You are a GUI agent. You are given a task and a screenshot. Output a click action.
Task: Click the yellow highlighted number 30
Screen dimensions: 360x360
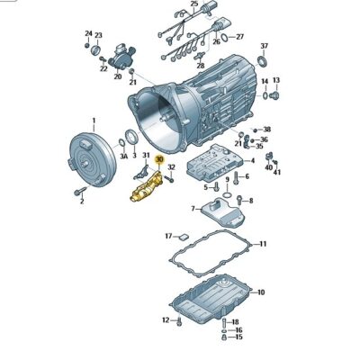(x=159, y=158)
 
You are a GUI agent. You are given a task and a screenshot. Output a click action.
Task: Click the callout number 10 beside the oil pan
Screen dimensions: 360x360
(x=262, y=292)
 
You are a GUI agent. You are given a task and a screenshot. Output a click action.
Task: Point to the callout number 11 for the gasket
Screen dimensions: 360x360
(x=262, y=244)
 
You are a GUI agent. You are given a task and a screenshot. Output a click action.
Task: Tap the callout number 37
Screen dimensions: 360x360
(x=265, y=46)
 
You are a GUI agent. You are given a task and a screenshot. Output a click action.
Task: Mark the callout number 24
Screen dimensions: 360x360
(x=88, y=34)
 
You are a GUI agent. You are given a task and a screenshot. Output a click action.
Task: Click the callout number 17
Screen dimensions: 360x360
(x=167, y=236)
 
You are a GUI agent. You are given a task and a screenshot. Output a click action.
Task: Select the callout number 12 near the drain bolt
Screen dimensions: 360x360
(x=166, y=319)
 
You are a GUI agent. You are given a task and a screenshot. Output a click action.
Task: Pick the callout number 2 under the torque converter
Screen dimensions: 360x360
(x=81, y=202)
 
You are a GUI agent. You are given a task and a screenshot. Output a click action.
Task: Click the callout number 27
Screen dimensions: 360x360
(x=239, y=37)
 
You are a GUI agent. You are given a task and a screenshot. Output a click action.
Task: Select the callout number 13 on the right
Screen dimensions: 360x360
(x=276, y=81)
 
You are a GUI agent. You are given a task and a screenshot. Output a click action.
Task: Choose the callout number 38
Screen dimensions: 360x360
(x=266, y=130)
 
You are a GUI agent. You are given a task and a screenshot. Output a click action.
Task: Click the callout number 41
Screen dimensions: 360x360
(x=276, y=171)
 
